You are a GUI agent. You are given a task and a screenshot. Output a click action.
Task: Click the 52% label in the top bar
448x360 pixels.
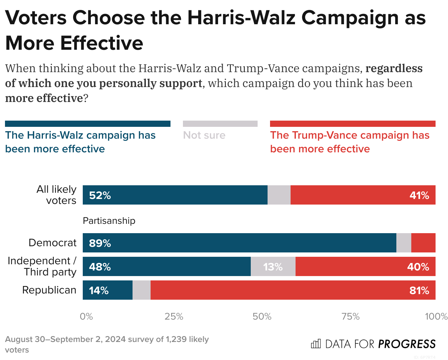pyautogui.click(x=100, y=195)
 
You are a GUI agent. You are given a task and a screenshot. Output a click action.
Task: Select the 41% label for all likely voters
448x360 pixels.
pyautogui.click(x=419, y=195)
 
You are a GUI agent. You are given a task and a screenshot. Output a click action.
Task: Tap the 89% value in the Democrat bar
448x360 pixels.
pyautogui.click(x=100, y=243)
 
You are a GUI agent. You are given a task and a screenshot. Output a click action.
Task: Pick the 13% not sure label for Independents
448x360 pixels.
pyautogui.click(x=273, y=267)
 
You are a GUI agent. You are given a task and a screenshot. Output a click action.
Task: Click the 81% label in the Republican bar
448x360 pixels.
pyautogui.click(x=419, y=290)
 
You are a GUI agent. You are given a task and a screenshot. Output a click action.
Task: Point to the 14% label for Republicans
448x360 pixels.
pyautogui.click(x=99, y=290)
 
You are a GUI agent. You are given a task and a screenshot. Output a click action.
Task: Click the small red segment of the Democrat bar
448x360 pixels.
pyautogui.click(x=423, y=243)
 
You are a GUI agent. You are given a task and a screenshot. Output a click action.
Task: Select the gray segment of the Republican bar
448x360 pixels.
pyautogui.click(x=142, y=290)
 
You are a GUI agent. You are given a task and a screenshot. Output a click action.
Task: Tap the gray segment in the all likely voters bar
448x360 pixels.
pyautogui.click(x=279, y=195)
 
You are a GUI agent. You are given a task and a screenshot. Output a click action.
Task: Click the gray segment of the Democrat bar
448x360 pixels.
pyautogui.click(x=404, y=243)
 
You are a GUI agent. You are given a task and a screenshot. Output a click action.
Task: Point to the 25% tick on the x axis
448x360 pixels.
pyautogui.click(x=174, y=316)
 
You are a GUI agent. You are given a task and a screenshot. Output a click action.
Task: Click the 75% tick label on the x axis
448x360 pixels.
pyautogui.click(x=351, y=316)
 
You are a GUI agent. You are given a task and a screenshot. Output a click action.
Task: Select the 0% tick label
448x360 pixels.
pyautogui.click(x=86, y=316)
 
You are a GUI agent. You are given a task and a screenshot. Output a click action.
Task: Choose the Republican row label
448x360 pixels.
pyautogui.click(x=49, y=290)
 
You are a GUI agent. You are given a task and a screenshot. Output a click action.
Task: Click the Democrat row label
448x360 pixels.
pyautogui.click(x=52, y=242)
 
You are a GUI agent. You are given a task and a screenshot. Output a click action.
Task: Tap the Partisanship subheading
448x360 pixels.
pyautogui.click(x=109, y=221)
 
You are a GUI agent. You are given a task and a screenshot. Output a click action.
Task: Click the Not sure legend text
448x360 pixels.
pyautogui.click(x=204, y=135)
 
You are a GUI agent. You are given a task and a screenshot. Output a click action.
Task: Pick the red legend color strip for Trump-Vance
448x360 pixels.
pyautogui.click(x=352, y=124)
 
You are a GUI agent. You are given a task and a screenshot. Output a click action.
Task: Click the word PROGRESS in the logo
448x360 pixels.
pyautogui.click(x=407, y=344)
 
